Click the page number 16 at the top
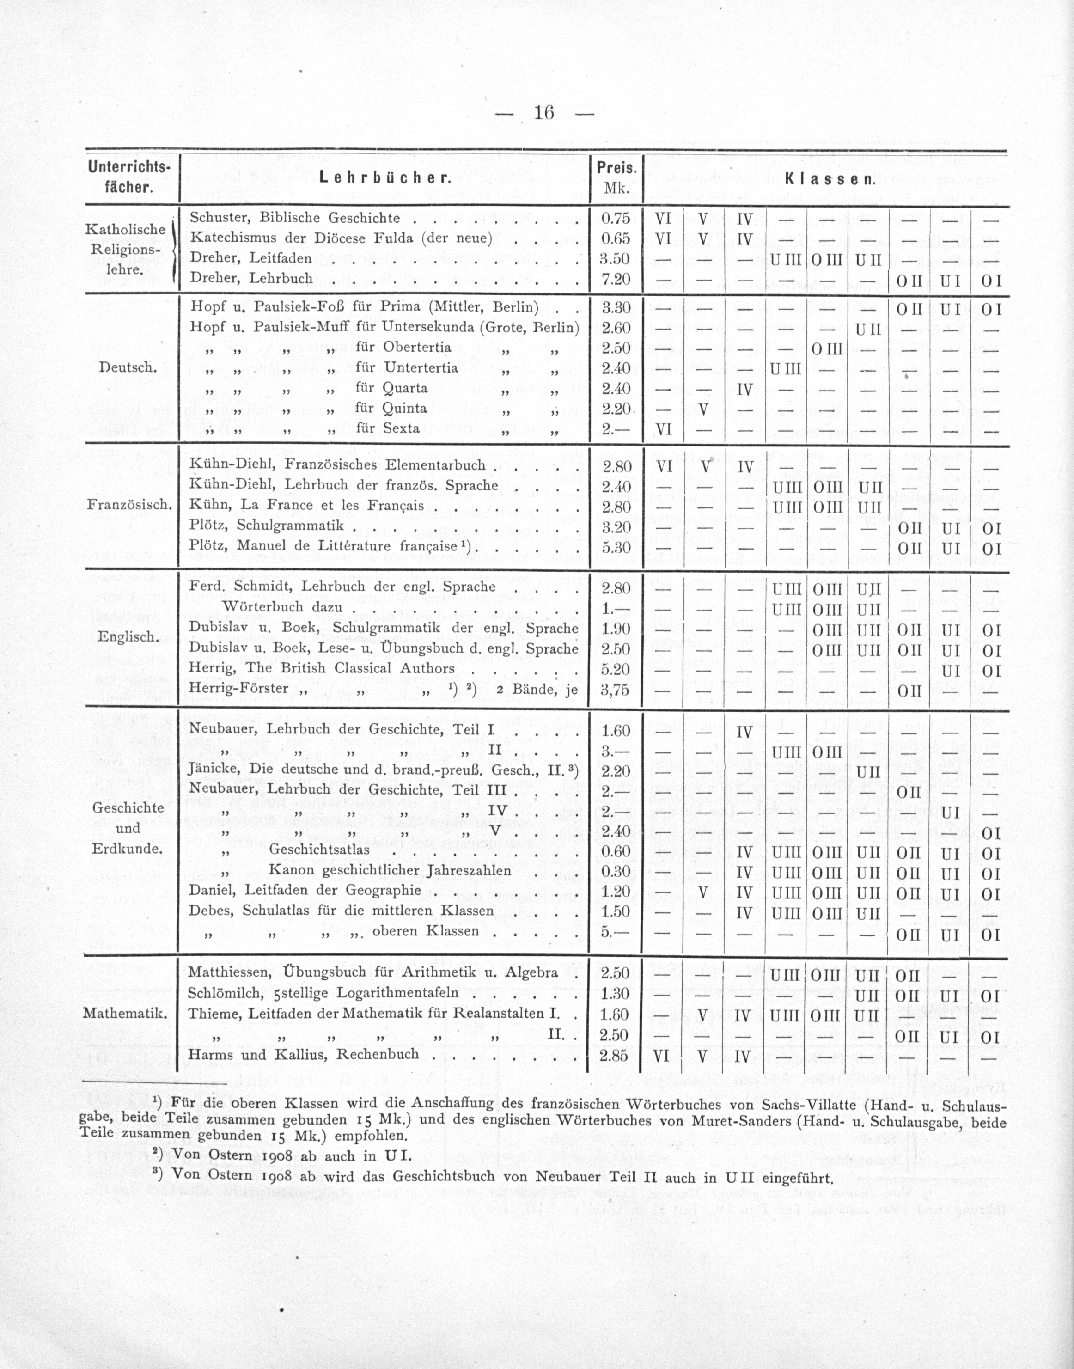pyautogui.click(x=543, y=113)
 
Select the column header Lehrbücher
pyautogui.click(x=385, y=178)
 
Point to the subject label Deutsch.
pyautogui.click(x=128, y=367)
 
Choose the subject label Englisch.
pyautogui.click(x=127, y=636)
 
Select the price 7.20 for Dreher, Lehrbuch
pyautogui.click(x=616, y=279)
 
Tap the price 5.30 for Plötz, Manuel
pyautogui.click(x=616, y=547)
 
